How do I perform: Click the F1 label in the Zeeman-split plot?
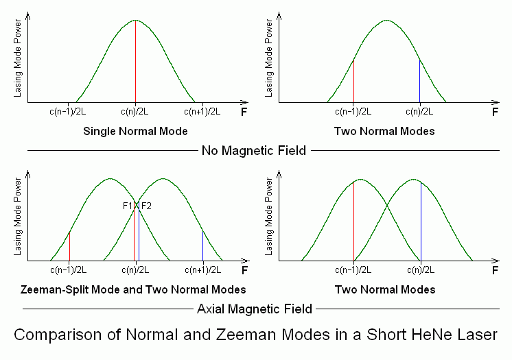coord(127,206)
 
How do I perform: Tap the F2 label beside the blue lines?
coord(146,206)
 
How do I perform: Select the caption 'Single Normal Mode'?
coord(135,130)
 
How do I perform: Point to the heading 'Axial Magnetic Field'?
coord(255,309)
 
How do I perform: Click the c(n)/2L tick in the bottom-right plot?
coord(420,269)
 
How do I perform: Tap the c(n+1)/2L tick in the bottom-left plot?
coord(202,269)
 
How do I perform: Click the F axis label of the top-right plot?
coord(495,111)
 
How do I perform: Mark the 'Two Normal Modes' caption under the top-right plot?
coord(385,130)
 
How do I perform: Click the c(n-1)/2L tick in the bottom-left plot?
coord(69,269)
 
